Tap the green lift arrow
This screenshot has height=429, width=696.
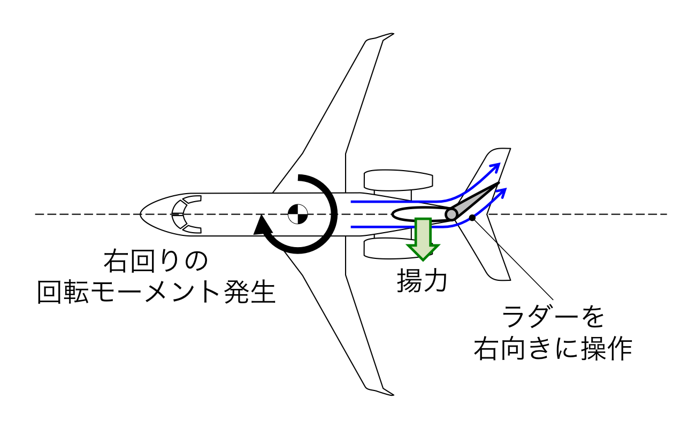click(423, 238)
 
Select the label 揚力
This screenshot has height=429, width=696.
click(422, 279)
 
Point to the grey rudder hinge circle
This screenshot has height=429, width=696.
click(452, 214)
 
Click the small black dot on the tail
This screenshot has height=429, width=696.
click(472, 218)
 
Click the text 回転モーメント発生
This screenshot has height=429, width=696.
click(156, 293)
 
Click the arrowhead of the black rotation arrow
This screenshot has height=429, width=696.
click(261, 225)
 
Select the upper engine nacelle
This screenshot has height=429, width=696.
click(398, 180)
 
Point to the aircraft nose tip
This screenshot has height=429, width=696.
click(141, 214)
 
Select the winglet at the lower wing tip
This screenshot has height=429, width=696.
click(381, 390)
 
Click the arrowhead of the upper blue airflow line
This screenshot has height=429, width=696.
click(497, 166)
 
